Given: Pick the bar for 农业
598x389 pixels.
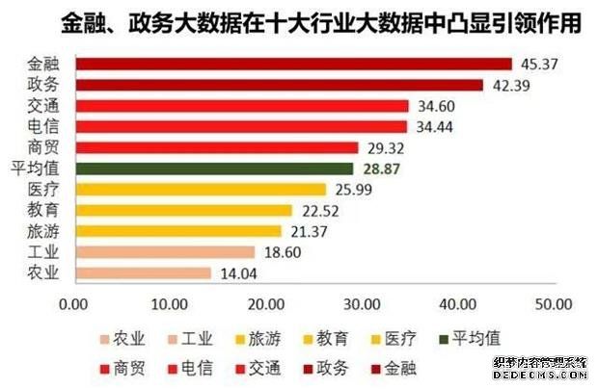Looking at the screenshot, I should (x=142, y=272).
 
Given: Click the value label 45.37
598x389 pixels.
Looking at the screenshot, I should (x=536, y=65).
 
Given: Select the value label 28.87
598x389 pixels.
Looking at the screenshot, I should (x=378, y=169).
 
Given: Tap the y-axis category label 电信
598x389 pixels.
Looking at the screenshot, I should (x=43, y=126).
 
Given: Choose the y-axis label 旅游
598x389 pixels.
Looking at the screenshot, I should (x=43, y=231).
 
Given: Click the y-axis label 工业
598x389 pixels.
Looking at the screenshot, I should (x=43, y=251).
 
